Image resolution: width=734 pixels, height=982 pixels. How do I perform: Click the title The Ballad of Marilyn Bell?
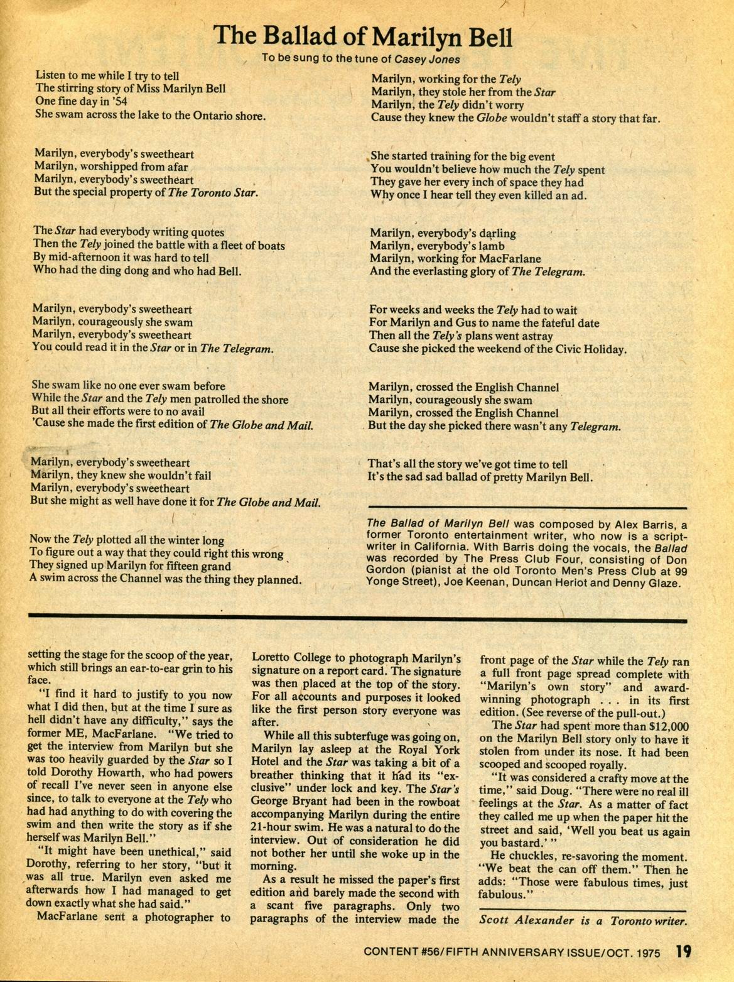(364, 36)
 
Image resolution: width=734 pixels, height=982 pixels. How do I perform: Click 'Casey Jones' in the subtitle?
(418, 59)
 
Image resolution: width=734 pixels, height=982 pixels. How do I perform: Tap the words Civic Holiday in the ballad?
(593, 349)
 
